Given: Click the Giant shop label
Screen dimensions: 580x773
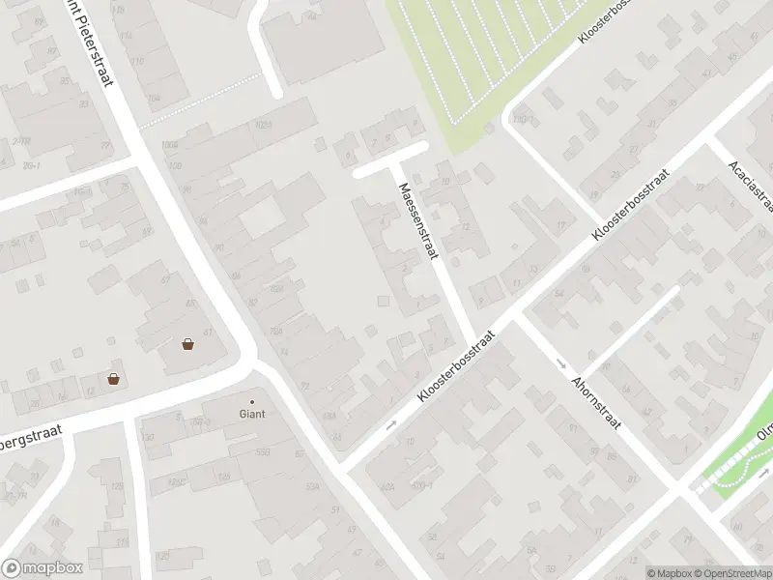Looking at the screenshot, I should (x=252, y=414).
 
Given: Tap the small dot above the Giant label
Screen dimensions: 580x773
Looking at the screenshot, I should (x=252, y=401).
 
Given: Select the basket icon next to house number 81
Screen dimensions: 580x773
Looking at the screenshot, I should (x=187, y=343).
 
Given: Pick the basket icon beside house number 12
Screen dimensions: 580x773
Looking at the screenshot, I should (x=114, y=379).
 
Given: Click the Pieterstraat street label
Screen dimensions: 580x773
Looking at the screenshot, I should (x=92, y=43).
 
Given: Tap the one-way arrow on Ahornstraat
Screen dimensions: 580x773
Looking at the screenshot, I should (x=562, y=363).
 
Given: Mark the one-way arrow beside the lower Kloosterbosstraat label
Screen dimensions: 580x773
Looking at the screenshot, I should (x=391, y=423).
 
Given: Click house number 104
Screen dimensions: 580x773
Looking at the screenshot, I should (x=153, y=97).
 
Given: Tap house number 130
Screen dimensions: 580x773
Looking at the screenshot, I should (x=148, y=437).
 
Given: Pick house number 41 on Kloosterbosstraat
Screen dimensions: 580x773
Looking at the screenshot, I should (x=706, y=73).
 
